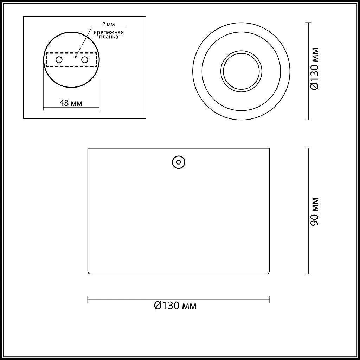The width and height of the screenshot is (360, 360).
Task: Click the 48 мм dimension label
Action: click(71, 103)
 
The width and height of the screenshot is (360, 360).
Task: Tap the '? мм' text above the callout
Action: click(109, 24)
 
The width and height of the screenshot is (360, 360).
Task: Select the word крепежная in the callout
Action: click(109, 32)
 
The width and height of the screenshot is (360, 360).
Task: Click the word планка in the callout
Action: click(109, 37)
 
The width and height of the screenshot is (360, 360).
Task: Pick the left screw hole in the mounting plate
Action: click(59, 60)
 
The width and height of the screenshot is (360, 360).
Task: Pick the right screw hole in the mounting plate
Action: click(85, 60)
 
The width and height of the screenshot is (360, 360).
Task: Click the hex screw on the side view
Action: click(179, 162)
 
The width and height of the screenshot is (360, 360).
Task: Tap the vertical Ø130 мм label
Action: click(315, 69)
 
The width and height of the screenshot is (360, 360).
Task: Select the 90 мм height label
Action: click(315, 211)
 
